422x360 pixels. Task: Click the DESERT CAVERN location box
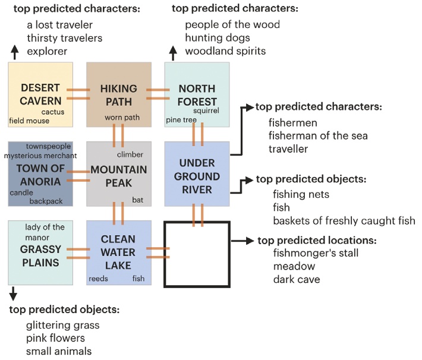pos(40,94)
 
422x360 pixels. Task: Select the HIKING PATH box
pos(118,94)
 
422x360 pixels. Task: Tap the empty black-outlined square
pos(197,254)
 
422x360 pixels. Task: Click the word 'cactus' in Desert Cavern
pos(53,111)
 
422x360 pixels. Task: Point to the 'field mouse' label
pos(29,121)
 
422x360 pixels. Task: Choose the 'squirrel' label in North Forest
pos(206,110)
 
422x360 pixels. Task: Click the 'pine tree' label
pos(181,121)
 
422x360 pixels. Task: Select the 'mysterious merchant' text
pos(40,156)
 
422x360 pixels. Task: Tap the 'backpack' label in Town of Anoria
pos(46,201)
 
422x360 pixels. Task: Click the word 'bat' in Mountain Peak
pos(137,200)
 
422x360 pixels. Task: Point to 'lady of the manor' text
pos(45,232)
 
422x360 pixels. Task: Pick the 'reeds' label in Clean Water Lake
pos(99,278)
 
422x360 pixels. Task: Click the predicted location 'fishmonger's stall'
pos(307,253)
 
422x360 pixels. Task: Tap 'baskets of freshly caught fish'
pos(344,221)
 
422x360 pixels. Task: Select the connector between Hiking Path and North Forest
pos(158,94)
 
